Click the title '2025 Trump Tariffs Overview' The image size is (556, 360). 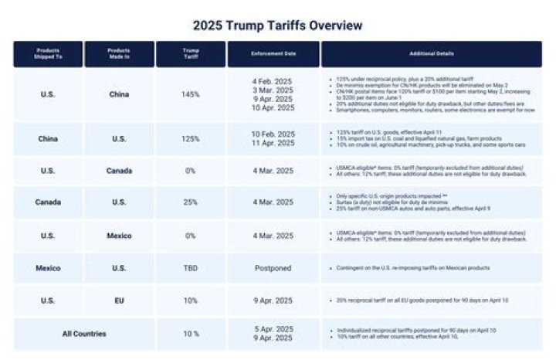pos(277,25)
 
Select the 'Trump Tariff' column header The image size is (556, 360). pos(190,53)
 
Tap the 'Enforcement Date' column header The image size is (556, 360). pos(273,53)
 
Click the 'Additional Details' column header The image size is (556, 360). pos(432,53)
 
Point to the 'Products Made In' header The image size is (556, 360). pos(118,53)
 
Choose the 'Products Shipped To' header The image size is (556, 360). pos(47,53)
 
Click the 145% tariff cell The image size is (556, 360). pos(190,94)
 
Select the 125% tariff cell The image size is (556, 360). pos(190,139)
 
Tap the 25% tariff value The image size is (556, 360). pos(190,202)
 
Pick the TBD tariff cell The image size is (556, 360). pos(190,268)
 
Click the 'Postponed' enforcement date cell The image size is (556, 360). pos(273,268)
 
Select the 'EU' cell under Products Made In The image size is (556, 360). pos(119,300)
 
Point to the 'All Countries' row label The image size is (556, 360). pos(84,334)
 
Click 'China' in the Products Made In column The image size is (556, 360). pos(119,94)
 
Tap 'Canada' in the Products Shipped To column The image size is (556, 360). pos(48,202)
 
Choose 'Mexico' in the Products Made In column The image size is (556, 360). pos(119,236)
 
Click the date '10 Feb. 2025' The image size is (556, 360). pos(273,134)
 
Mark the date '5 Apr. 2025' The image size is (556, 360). pos(273,329)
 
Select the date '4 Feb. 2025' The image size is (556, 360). pos(273,80)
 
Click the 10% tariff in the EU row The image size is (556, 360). pos(190,300)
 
